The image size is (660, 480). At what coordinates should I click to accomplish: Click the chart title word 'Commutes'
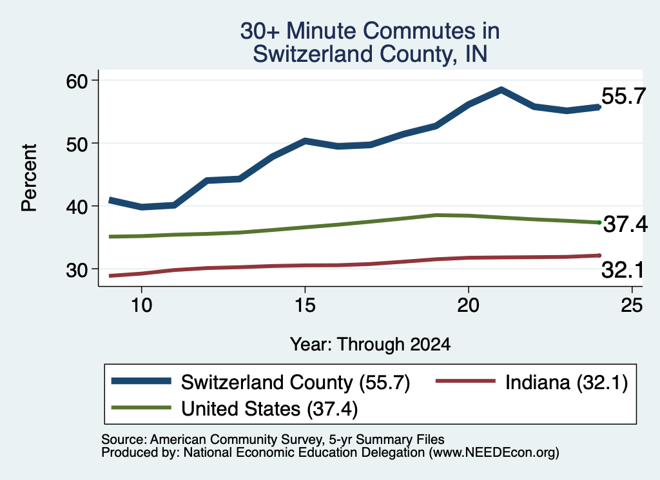(431, 31)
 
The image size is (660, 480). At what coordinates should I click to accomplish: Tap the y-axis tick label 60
(77, 81)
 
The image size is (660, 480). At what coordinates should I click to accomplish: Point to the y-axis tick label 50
(77, 144)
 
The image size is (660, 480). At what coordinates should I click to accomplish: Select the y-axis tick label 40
(77, 207)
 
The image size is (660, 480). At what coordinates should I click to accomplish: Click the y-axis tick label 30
(77, 270)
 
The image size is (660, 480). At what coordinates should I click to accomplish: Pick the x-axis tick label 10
(141, 305)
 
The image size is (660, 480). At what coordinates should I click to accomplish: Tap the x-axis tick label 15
(305, 305)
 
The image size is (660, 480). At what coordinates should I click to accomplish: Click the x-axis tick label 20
(468, 305)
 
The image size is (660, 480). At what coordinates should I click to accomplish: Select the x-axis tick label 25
(632, 305)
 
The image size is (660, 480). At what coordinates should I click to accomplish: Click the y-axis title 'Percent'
(30, 178)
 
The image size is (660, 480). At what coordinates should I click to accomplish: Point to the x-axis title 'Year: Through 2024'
(371, 345)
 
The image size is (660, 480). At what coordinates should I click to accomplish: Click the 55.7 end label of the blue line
(623, 97)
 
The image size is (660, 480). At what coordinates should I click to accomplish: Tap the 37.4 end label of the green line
(625, 224)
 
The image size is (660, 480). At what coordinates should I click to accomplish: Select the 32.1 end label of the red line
(623, 270)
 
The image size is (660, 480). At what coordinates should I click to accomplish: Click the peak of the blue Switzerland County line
(501, 90)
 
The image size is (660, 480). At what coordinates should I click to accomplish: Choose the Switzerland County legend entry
(260, 383)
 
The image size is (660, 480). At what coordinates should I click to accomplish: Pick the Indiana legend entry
(532, 383)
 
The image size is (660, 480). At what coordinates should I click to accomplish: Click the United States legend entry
(235, 409)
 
